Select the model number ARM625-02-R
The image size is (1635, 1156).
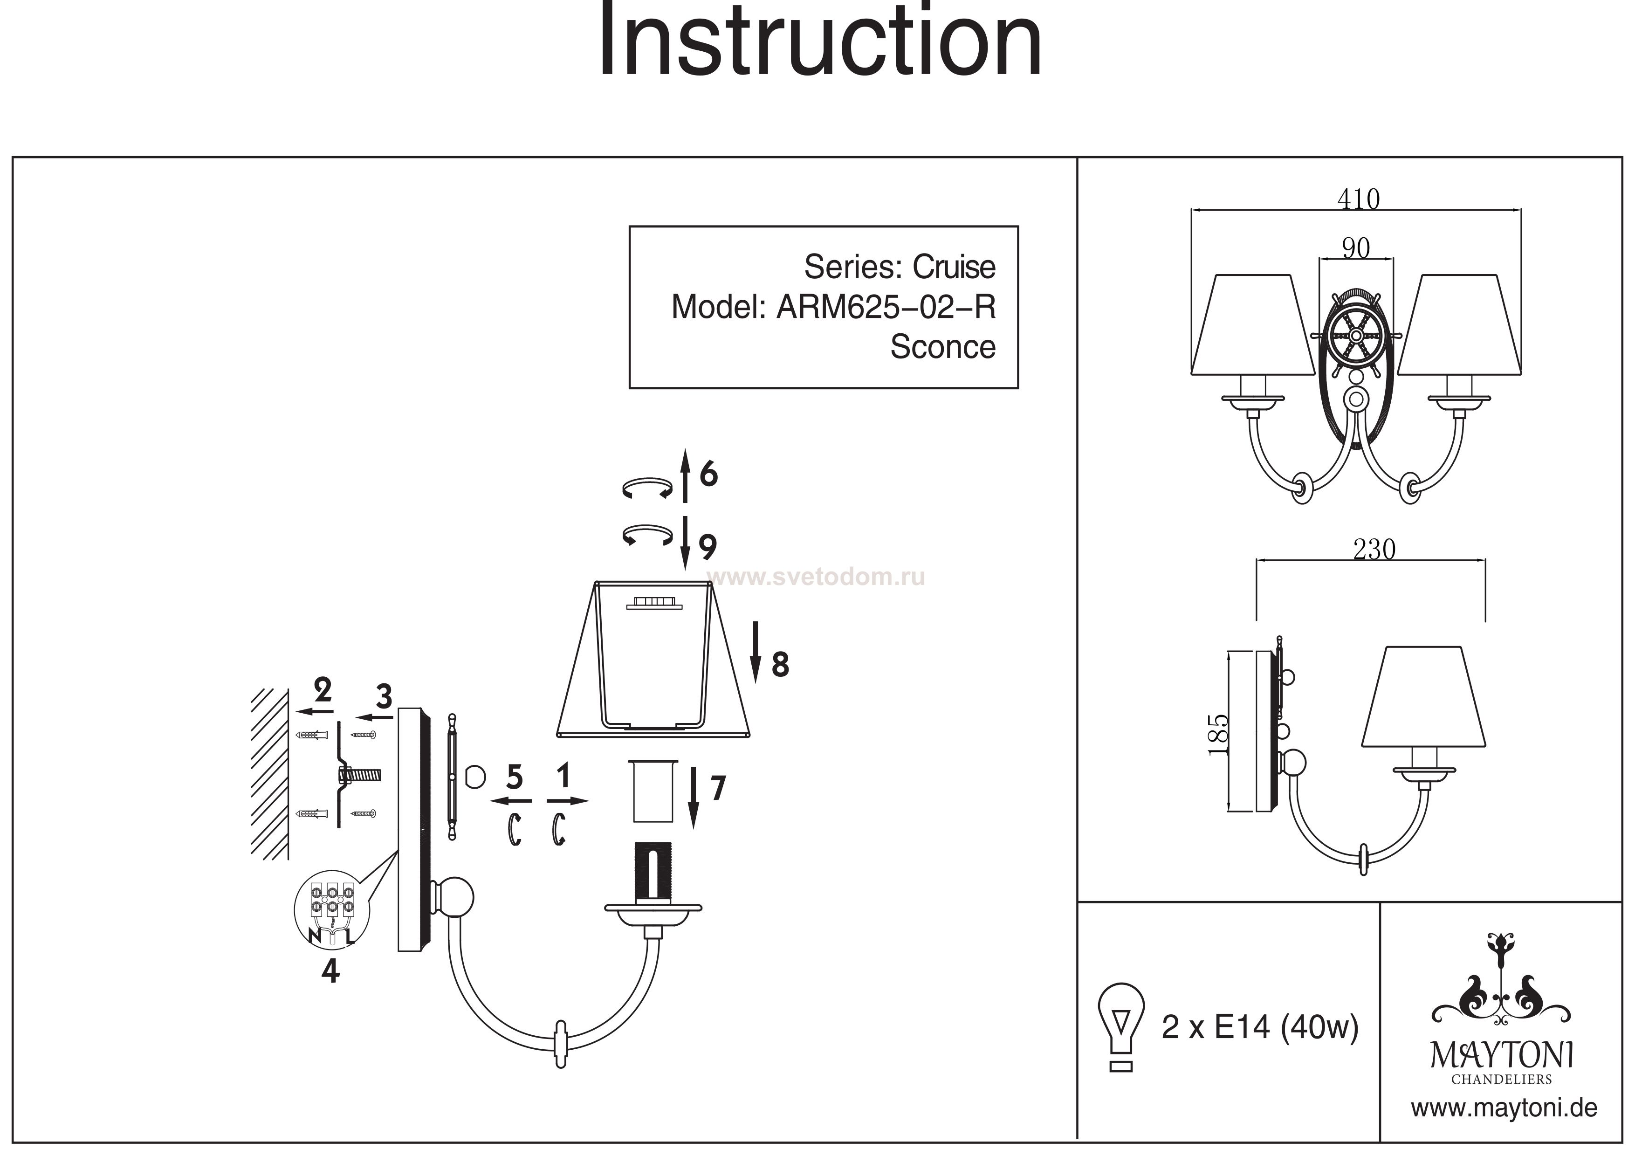coord(886,307)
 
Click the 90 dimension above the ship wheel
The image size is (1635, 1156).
coord(1355,248)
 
